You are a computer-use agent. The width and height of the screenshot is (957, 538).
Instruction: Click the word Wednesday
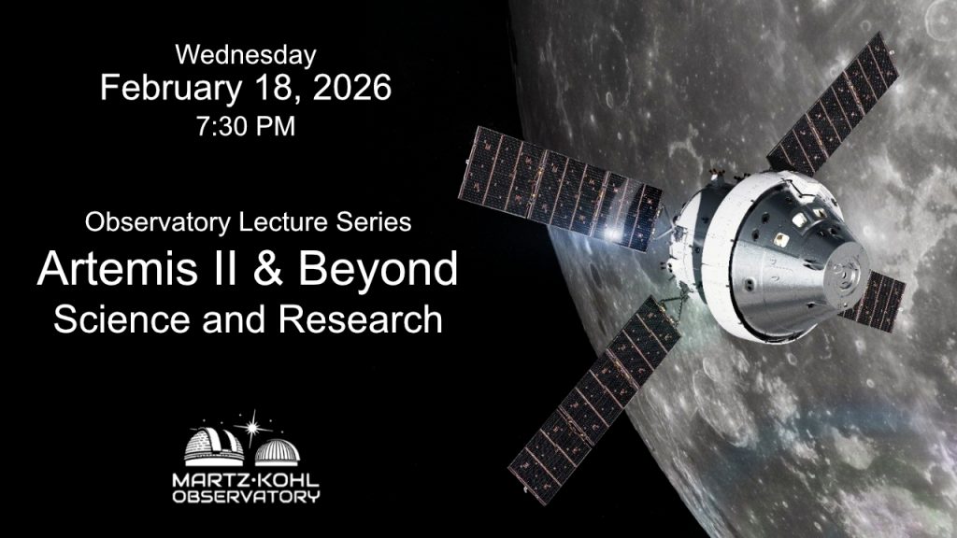click(246, 55)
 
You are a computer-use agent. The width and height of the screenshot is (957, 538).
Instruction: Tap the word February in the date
click(171, 88)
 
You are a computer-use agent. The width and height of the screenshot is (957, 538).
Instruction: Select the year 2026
click(352, 87)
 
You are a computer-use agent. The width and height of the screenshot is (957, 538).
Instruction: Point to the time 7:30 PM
click(246, 126)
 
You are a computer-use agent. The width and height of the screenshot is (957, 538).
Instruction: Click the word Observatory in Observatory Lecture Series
click(158, 222)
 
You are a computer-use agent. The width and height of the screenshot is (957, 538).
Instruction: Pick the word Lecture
click(283, 221)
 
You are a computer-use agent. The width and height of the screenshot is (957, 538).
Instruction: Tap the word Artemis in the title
click(117, 268)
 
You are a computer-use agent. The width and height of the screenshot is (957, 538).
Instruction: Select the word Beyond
click(378, 270)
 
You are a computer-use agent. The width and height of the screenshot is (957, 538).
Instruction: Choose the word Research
click(361, 319)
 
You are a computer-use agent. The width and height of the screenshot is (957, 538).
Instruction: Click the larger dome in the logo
click(214, 446)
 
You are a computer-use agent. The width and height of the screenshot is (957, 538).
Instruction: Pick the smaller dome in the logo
click(277, 452)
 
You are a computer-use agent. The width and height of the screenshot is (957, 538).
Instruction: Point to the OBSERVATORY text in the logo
click(246, 497)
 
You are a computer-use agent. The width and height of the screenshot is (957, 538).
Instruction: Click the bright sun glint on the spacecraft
click(612, 234)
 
